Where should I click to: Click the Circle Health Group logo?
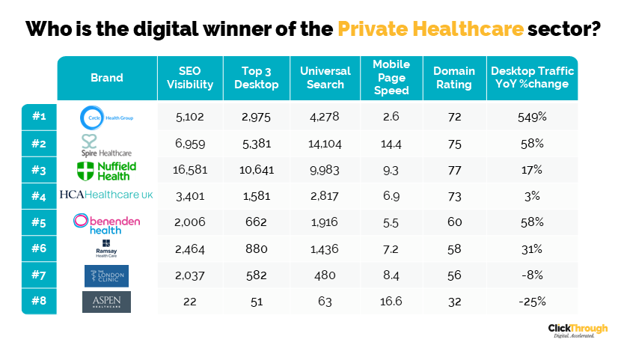[x=106, y=117]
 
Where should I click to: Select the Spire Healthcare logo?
[x=106, y=143]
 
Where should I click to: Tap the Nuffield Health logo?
[x=106, y=170]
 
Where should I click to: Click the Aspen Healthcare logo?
[x=106, y=302]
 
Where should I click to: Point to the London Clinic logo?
[x=106, y=275]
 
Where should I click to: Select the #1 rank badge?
[x=39, y=117]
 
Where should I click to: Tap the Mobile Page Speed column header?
[x=391, y=78]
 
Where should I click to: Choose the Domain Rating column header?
[x=453, y=78]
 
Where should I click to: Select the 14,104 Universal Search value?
[x=325, y=143]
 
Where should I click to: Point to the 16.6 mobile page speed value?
[x=391, y=302]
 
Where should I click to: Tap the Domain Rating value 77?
[x=453, y=170]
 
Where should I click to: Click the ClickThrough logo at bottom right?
[x=577, y=331]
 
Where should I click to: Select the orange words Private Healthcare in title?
[x=429, y=28]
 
